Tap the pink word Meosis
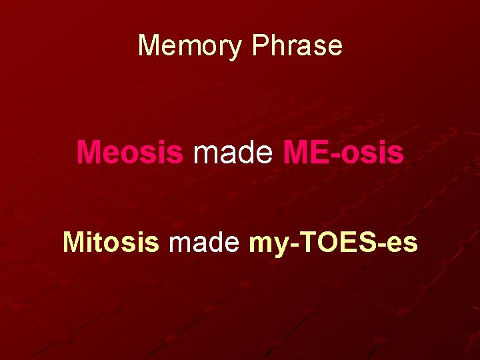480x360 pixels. (x=129, y=152)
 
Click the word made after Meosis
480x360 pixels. (x=233, y=152)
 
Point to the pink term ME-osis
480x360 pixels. (x=343, y=152)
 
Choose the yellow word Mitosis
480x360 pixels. (x=111, y=243)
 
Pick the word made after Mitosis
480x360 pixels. (x=204, y=243)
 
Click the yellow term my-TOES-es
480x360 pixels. (x=333, y=243)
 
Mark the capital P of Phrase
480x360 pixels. (x=261, y=45)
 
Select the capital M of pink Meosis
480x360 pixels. (x=89, y=152)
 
